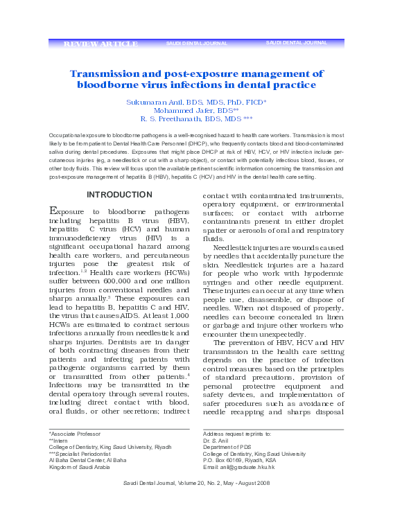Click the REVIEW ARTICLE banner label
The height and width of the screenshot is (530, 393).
[101, 44]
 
